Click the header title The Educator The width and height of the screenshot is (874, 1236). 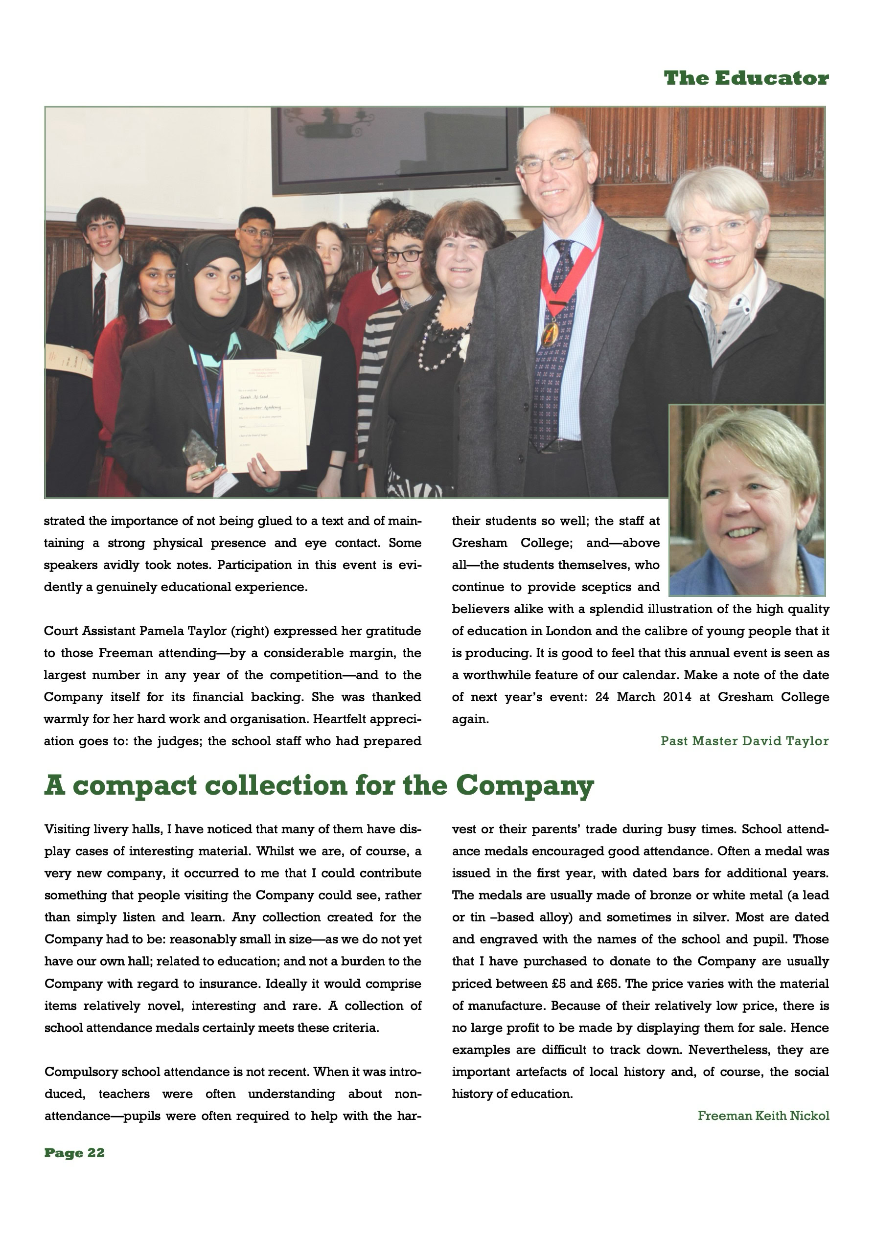point(746,79)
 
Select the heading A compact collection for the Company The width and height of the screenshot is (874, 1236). point(318,785)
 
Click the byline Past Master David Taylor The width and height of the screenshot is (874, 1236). point(744,741)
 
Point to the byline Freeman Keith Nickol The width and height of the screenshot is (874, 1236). point(763,1116)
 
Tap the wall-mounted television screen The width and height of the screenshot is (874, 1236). point(397,149)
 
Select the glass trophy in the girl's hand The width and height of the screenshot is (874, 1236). point(200,452)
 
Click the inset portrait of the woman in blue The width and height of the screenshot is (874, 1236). point(746,501)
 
